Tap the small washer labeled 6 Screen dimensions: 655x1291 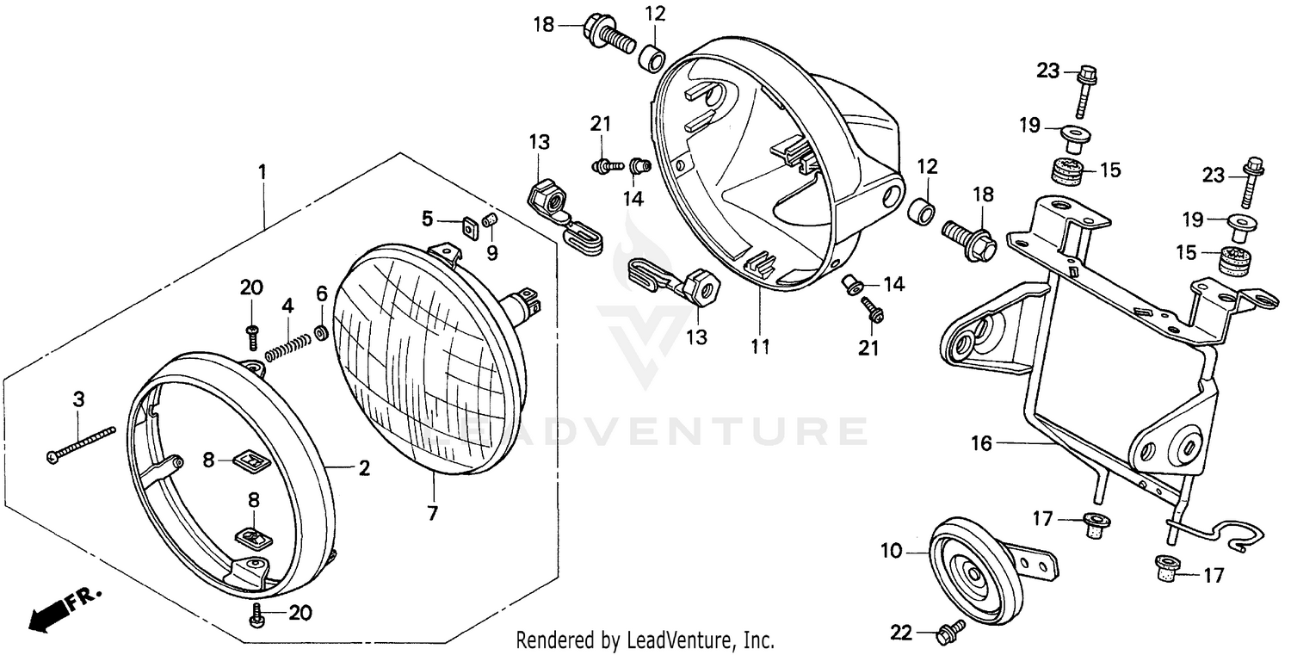pos(321,331)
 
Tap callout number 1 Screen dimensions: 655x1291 pos(263,171)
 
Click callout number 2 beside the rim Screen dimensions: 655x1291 pos(364,468)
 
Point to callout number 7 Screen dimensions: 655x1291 pos(432,514)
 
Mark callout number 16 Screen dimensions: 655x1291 pos(982,443)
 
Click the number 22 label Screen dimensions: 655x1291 pos(900,633)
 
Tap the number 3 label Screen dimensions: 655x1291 pos(78,399)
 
